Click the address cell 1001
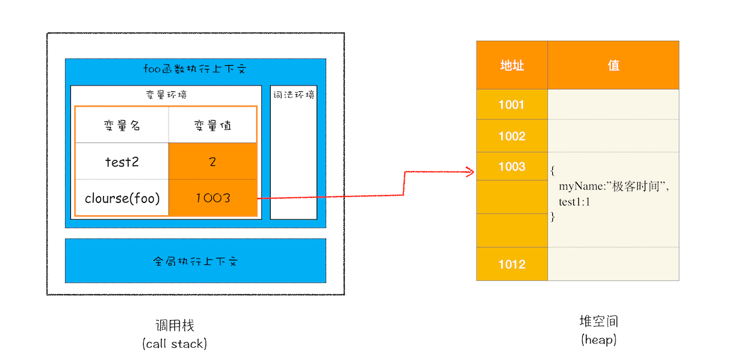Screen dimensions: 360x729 point(511,105)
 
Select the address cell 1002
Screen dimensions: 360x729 point(511,136)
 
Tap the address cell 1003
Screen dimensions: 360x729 point(511,167)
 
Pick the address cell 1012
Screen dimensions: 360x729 point(511,264)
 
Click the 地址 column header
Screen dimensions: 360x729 point(511,65)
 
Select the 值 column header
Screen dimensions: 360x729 point(613,65)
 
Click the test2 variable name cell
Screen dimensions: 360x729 point(122,161)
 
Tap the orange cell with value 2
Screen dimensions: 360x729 point(213,161)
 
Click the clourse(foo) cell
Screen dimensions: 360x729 point(122,198)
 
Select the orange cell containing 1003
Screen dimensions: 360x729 point(213,198)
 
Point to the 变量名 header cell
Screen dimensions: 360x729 point(122,125)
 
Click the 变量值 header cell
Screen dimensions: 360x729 point(213,125)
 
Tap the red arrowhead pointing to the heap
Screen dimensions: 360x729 point(470,171)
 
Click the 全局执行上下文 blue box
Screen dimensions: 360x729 point(195,261)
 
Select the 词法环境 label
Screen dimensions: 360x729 point(294,94)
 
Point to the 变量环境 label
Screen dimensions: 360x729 point(166,94)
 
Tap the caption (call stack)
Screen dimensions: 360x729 point(174,344)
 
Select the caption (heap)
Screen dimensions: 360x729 point(598,340)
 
